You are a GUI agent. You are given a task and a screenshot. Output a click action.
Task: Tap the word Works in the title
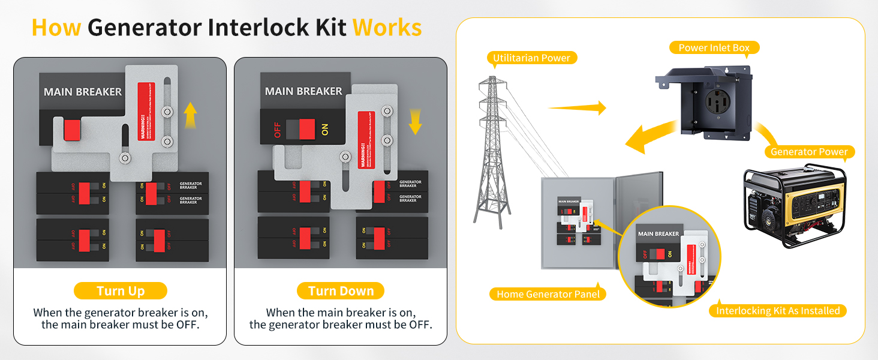(x=387, y=28)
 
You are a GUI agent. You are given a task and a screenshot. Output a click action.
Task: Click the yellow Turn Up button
(x=121, y=291)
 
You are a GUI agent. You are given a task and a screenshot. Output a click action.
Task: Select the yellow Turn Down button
(x=341, y=291)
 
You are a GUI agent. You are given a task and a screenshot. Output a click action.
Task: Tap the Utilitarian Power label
(x=532, y=58)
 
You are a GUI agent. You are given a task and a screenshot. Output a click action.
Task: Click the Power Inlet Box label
(x=714, y=47)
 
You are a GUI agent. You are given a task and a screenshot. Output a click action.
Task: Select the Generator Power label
(x=809, y=152)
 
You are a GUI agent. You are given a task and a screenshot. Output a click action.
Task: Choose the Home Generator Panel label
(x=548, y=294)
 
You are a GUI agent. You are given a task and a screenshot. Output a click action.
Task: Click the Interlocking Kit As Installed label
(x=778, y=311)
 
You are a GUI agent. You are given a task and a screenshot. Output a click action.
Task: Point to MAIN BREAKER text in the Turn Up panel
(x=83, y=92)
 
